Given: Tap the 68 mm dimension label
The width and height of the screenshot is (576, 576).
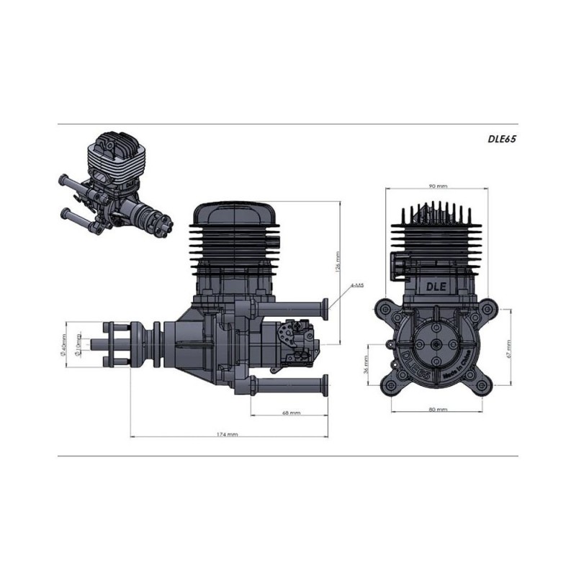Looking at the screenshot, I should (290, 414).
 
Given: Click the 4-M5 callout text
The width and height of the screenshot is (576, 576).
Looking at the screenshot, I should (356, 285).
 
